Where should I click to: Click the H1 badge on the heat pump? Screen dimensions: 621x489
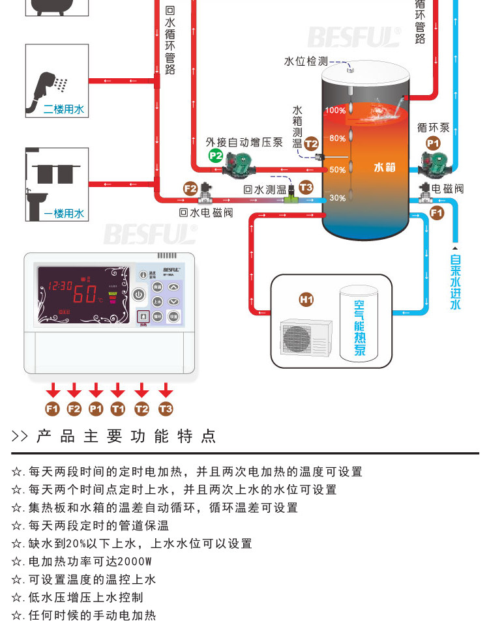pyautogui.click(x=306, y=300)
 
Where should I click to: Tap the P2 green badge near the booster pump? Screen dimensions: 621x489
pyautogui.click(x=215, y=156)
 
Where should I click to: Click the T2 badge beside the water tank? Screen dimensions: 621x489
pyautogui.click(x=311, y=143)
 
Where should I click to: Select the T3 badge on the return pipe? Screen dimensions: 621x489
pyautogui.click(x=306, y=188)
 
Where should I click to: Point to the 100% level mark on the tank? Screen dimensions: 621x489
pyautogui.click(x=335, y=111)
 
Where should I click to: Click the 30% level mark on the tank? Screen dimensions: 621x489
pyautogui.click(x=337, y=198)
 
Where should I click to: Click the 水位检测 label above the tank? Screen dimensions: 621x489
pyautogui.click(x=305, y=61)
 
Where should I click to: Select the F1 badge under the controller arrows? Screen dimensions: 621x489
pyautogui.click(x=53, y=409)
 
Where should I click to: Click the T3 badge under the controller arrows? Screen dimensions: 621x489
pyautogui.click(x=166, y=409)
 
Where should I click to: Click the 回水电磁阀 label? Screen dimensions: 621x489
pyautogui.click(x=206, y=212)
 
